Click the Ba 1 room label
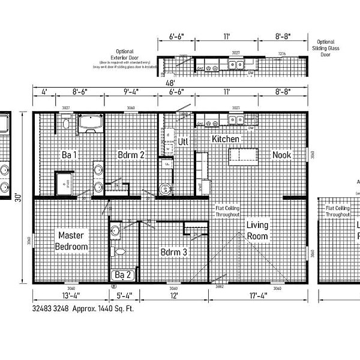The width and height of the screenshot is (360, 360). (x=70, y=155)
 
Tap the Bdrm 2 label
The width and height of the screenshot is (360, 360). (x=131, y=155)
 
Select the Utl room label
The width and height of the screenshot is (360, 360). (x=184, y=142)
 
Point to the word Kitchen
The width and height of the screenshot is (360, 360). (x=226, y=139)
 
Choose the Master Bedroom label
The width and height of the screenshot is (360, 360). (x=71, y=241)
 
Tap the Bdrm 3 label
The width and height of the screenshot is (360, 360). (x=173, y=253)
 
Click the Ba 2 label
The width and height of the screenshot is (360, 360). (x=124, y=275)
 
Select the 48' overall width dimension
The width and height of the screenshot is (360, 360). (x=171, y=83)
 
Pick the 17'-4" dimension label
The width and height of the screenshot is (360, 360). (x=260, y=296)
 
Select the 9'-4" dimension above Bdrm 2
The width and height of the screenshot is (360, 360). (x=131, y=93)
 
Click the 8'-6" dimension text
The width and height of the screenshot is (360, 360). (x=82, y=93)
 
